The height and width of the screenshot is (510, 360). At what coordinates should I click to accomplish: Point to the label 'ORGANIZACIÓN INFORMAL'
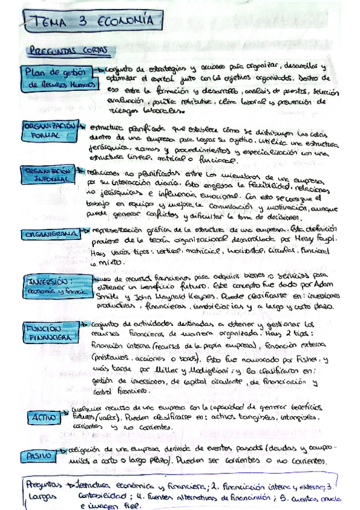49,175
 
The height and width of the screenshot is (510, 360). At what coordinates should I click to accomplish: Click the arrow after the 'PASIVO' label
67,451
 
